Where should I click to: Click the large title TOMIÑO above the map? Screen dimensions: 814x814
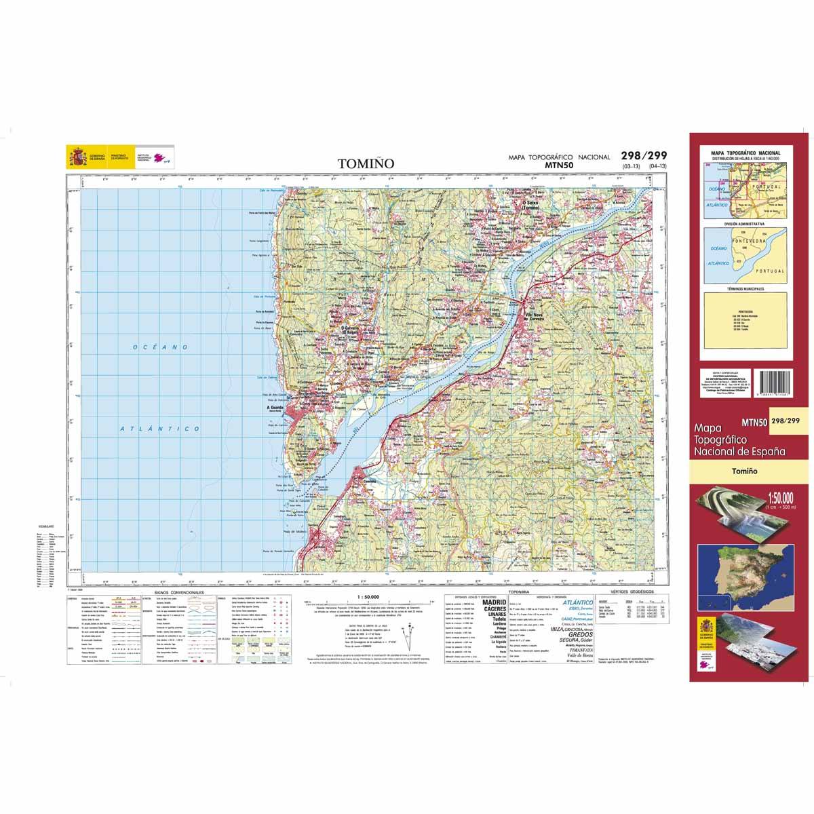click(365, 163)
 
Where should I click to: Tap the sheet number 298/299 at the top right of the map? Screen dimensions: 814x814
click(639, 155)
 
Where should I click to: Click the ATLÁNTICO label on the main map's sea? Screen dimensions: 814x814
click(161, 429)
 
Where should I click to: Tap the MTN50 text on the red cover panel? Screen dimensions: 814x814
click(754, 421)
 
